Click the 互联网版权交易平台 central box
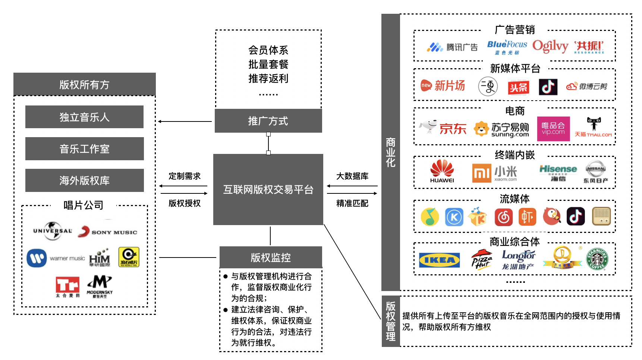click(x=268, y=189)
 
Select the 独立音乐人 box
click(x=84, y=117)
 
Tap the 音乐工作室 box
click(x=84, y=149)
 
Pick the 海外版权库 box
click(x=84, y=180)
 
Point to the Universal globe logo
click(x=53, y=231)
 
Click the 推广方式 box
click(x=268, y=121)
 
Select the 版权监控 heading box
click(x=271, y=257)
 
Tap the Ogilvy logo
click(x=550, y=46)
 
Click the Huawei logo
click(x=442, y=171)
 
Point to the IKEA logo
click(x=439, y=260)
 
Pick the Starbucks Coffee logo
click(x=597, y=259)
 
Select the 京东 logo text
click(x=453, y=129)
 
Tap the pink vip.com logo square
click(x=553, y=129)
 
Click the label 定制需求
click(x=185, y=176)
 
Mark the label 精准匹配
click(x=352, y=203)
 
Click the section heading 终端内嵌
click(x=514, y=155)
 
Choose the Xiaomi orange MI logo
click(x=481, y=173)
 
